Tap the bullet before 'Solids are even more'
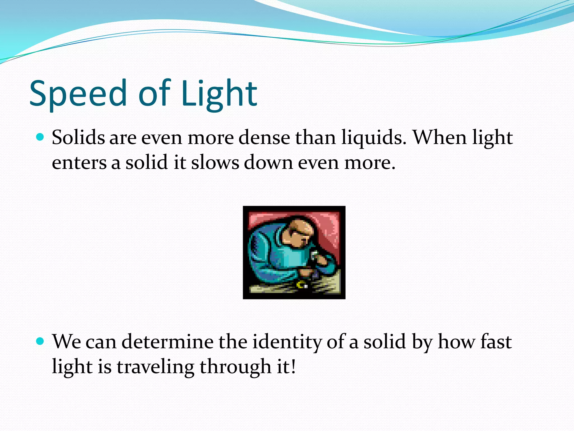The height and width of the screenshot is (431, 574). tap(40, 137)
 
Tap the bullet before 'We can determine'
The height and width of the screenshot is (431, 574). tap(40, 341)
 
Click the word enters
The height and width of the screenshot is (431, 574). tap(79, 163)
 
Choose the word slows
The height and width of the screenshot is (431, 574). tap(215, 163)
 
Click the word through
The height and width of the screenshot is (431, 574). tap(235, 367)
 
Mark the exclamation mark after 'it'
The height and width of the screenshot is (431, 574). tap(293, 366)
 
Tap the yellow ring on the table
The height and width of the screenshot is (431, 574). tap(300, 285)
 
